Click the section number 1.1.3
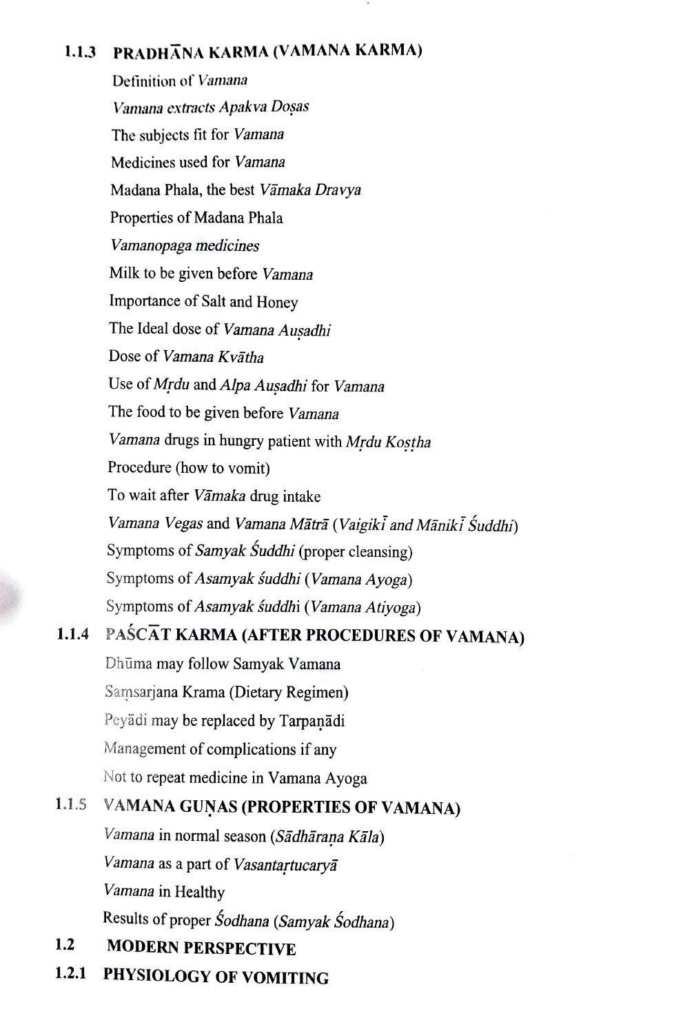[x=81, y=52]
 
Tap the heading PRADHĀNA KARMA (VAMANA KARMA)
[x=267, y=52]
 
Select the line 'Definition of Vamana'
[x=180, y=81]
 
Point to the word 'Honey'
[x=277, y=302]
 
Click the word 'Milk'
[x=123, y=273]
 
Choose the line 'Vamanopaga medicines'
[x=185, y=245]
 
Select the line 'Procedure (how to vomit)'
[x=188, y=468]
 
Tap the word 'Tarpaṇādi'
[x=312, y=721]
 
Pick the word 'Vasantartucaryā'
[x=285, y=864]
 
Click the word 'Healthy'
[x=199, y=892]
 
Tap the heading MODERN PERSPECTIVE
[x=201, y=948]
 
